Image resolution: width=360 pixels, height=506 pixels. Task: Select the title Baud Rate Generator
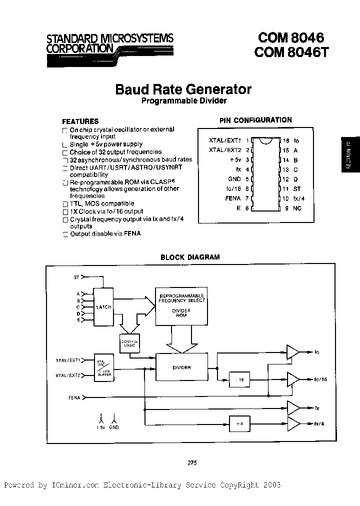[183, 89]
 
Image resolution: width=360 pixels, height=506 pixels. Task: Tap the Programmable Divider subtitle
[183, 100]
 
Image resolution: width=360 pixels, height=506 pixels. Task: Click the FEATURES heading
[80, 121]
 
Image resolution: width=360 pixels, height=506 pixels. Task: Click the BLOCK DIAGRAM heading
[189, 257]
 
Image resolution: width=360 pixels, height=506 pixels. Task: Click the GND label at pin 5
[234, 178]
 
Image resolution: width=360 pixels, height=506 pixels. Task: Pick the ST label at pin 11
[297, 188]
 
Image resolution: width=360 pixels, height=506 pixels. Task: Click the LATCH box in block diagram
[104, 306]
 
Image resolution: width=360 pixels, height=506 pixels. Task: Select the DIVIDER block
[181, 367]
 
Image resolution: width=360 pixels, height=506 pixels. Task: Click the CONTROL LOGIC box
[129, 344]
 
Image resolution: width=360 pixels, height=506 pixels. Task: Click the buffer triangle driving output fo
[291, 352]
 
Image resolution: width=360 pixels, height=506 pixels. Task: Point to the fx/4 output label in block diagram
[319, 423]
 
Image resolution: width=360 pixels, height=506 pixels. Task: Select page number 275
[192, 462]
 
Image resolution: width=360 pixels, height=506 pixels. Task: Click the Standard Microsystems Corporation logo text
[110, 43]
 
